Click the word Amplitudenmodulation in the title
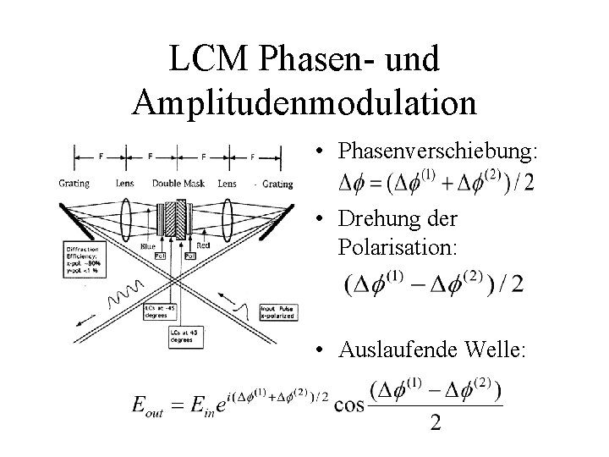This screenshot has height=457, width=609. point(304,102)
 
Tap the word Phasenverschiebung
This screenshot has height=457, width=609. point(437,151)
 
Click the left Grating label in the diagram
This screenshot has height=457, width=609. point(74,183)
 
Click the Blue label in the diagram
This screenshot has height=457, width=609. point(149,245)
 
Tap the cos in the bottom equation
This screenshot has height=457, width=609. point(349,404)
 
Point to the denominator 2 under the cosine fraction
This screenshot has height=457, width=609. point(435,422)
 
